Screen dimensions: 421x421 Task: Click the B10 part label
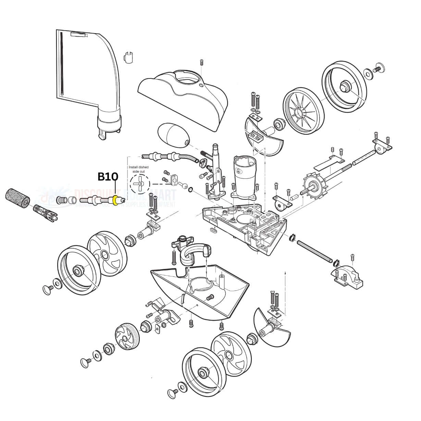(108, 177)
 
